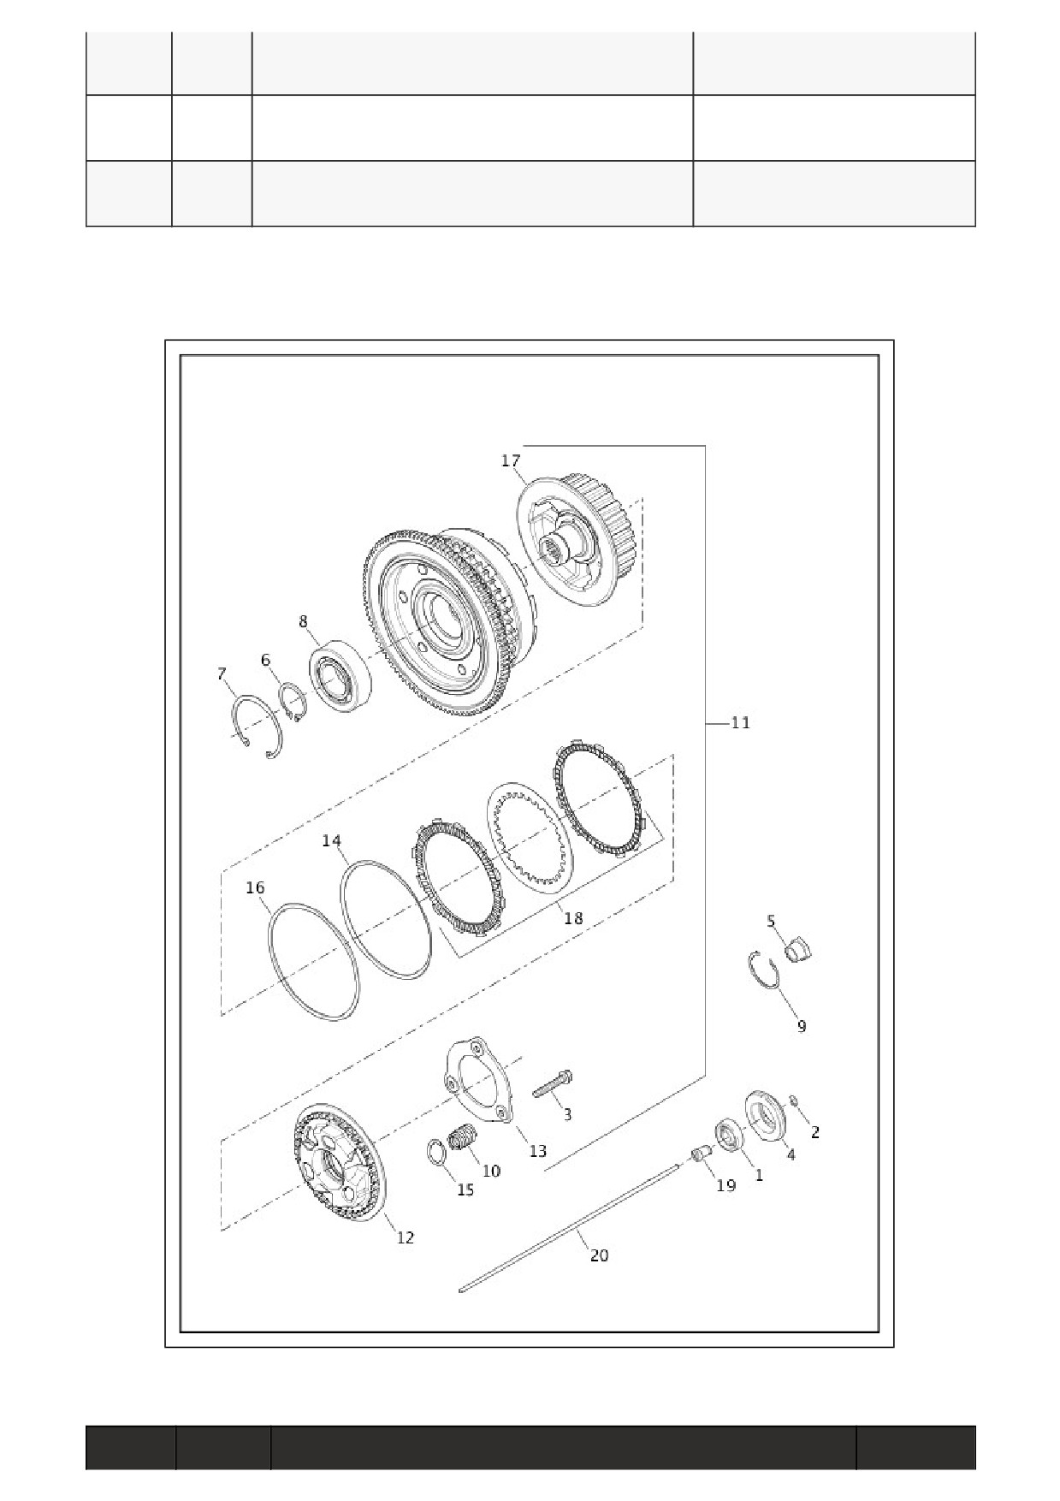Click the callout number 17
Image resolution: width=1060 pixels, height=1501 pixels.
[x=511, y=460]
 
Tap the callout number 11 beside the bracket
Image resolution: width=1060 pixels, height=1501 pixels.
[x=740, y=723]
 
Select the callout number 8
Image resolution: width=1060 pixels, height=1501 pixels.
[x=304, y=621]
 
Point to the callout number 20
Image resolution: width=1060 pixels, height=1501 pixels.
[x=600, y=1255]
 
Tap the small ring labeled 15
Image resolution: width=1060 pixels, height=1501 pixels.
[x=436, y=1153]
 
